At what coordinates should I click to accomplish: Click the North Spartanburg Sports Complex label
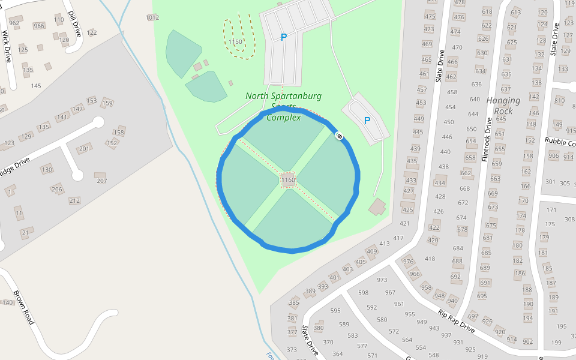tap(283, 106)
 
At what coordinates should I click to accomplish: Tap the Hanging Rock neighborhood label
tap(503, 106)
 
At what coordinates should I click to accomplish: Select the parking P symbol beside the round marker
tap(367, 120)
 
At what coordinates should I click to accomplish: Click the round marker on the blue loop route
tap(339, 136)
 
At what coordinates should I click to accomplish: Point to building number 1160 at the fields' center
tap(288, 179)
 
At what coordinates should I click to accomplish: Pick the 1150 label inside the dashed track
tap(235, 42)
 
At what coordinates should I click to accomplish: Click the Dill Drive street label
tap(74, 23)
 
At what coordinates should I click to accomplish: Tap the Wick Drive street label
tap(7, 47)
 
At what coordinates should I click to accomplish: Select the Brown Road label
tap(23, 308)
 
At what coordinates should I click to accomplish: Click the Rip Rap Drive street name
tap(457, 322)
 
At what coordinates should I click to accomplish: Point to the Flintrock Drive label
tap(487, 138)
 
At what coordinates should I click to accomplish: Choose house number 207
tap(101, 181)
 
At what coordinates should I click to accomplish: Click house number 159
tap(107, 103)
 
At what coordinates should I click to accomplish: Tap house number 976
tap(409, 261)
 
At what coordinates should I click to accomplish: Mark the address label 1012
tap(152, 17)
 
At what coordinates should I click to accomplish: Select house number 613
tap(515, 13)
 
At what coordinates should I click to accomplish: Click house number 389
tap(310, 291)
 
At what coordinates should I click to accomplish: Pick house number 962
tap(15, 23)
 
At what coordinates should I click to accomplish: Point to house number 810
tap(560, 100)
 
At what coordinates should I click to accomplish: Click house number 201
tap(83, 149)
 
